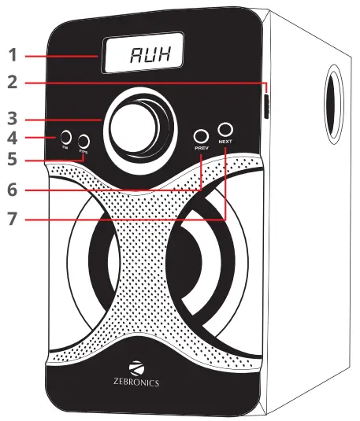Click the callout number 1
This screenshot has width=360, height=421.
[12, 56]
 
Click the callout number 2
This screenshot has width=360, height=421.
[12, 81]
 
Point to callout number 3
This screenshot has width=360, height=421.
[12, 120]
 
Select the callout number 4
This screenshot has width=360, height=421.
[12, 139]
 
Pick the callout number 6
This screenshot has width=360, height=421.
[12, 190]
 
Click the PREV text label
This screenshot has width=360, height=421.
[201, 147]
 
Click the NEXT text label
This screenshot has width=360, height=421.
[227, 142]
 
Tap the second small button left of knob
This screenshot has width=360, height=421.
[84, 141]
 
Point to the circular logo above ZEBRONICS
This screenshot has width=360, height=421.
[137, 367]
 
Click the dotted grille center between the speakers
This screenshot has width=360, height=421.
[146, 260]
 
